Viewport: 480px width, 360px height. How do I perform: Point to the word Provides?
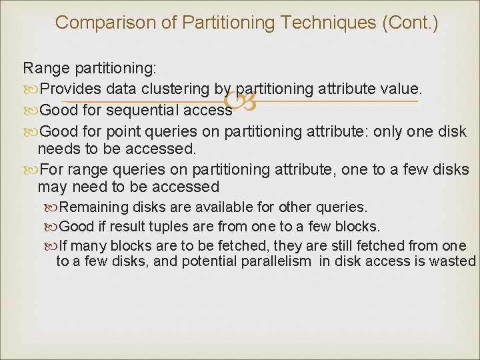click(x=71, y=89)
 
